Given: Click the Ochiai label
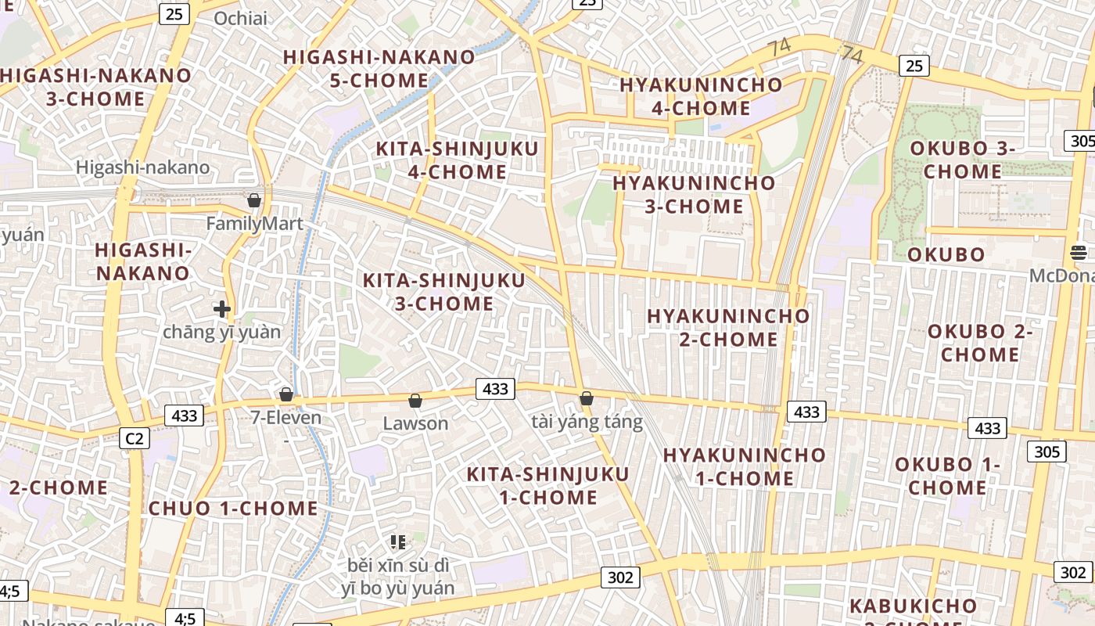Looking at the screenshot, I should pyautogui.click(x=240, y=19).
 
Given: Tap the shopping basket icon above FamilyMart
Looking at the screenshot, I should pyautogui.click(x=253, y=200).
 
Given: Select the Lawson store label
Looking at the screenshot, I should pyautogui.click(x=415, y=423).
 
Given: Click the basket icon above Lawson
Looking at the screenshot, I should pyautogui.click(x=415, y=401).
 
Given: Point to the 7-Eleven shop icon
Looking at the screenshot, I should pyautogui.click(x=286, y=394).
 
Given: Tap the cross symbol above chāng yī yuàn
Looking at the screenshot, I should pyautogui.click(x=222, y=309).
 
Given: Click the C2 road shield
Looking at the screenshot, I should pyautogui.click(x=135, y=438).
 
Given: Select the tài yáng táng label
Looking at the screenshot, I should pyautogui.click(x=587, y=423).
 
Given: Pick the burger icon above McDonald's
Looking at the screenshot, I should pyautogui.click(x=1079, y=252).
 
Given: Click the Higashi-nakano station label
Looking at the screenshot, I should pyautogui.click(x=143, y=167).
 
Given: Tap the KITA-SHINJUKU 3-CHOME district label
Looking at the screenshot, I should pyautogui.click(x=444, y=292).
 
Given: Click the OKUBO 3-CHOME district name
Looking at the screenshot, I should pyautogui.click(x=963, y=160).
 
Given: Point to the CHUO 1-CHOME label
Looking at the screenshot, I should pyautogui.click(x=234, y=509).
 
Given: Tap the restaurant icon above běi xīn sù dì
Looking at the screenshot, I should pyautogui.click(x=398, y=541).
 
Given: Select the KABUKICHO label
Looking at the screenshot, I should pyautogui.click(x=913, y=606).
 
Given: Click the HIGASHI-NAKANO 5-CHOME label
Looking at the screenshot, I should pyautogui.click(x=379, y=69).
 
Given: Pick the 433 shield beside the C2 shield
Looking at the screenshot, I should pyautogui.click(x=184, y=416).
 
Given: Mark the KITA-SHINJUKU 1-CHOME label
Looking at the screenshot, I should pyautogui.click(x=548, y=486).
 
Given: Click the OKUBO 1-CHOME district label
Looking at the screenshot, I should pyautogui.click(x=947, y=476).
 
